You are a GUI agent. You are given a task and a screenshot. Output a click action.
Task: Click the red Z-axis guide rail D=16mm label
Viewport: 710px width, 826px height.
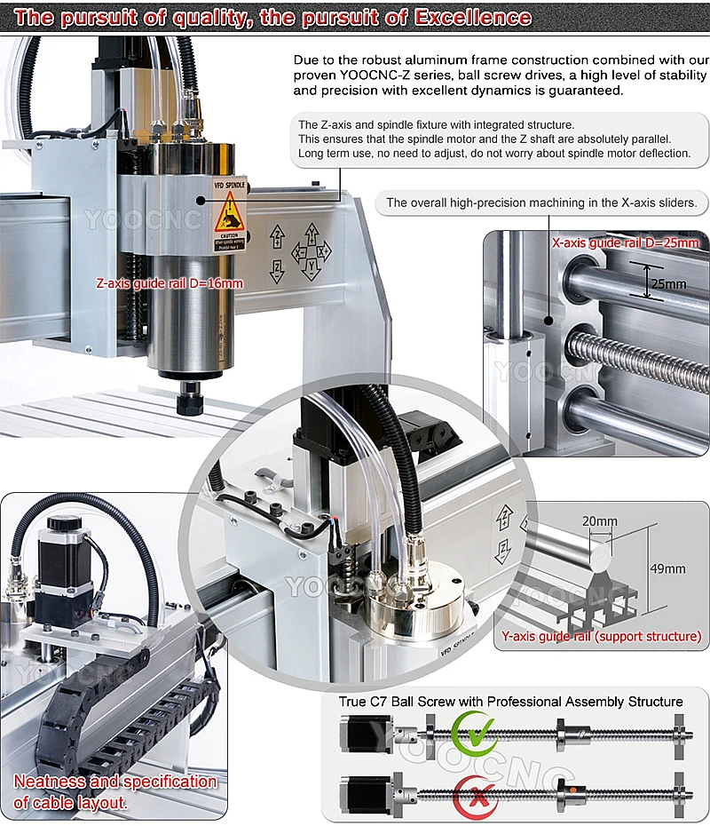(x=170, y=283)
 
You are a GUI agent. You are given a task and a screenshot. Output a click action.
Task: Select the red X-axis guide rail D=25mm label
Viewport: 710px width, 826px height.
(x=625, y=242)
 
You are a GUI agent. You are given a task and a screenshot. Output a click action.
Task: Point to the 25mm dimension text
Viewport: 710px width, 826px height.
(x=667, y=284)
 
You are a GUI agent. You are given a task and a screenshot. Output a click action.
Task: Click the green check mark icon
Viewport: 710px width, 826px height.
(x=474, y=733)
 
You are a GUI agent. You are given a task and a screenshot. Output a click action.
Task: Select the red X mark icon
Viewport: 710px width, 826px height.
(x=474, y=793)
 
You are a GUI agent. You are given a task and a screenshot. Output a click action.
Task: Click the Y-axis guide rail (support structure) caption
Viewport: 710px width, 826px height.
(x=601, y=636)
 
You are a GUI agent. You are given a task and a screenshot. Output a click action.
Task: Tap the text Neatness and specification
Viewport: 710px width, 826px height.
(x=115, y=782)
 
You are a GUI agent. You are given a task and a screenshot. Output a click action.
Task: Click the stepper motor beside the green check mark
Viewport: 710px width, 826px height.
(x=359, y=733)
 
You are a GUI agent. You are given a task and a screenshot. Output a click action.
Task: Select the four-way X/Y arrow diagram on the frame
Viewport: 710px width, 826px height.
(x=311, y=251)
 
